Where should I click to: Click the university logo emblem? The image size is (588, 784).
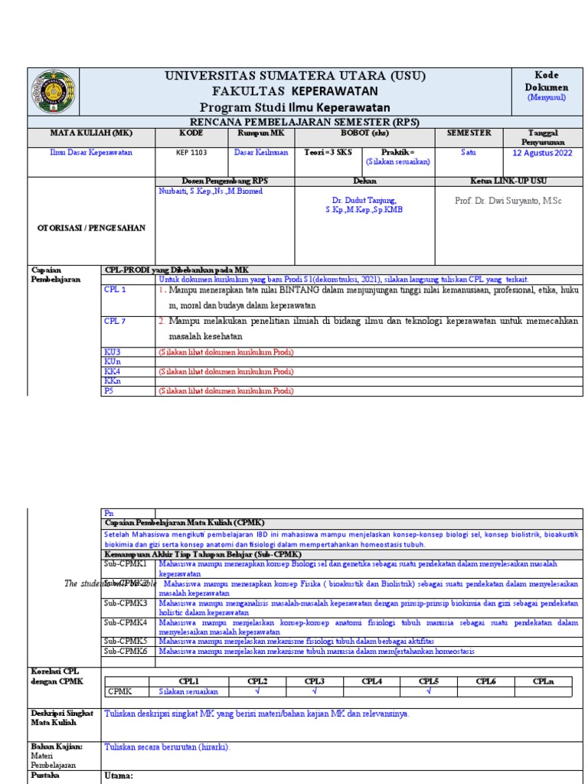(x=53, y=92)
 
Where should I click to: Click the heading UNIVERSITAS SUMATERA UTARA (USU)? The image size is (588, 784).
(x=295, y=76)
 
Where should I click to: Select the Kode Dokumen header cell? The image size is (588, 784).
(x=547, y=81)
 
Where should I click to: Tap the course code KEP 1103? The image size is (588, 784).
(x=191, y=152)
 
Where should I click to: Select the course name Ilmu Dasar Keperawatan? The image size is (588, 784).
(x=91, y=152)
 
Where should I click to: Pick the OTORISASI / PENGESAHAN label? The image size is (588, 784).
(x=90, y=227)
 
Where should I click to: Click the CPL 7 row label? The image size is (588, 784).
(x=115, y=322)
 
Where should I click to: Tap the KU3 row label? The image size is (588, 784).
(x=113, y=352)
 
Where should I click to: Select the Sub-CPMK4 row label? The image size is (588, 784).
(x=126, y=622)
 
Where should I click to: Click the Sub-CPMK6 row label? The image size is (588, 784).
(x=126, y=652)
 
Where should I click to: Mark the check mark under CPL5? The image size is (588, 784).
(x=429, y=691)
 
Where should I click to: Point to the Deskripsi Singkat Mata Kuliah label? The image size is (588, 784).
(x=62, y=717)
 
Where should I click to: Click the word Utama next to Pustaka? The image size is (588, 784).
(x=119, y=776)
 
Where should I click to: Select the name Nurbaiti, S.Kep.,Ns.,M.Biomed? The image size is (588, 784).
(x=210, y=191)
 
